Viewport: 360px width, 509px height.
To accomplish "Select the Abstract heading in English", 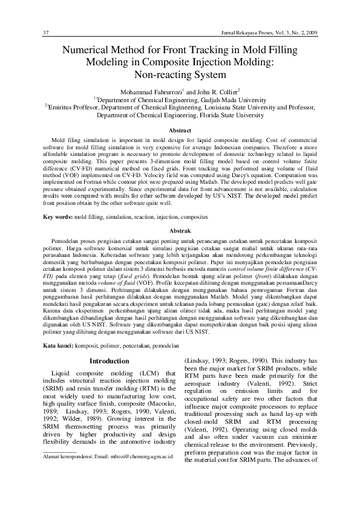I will coord(180,131).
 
